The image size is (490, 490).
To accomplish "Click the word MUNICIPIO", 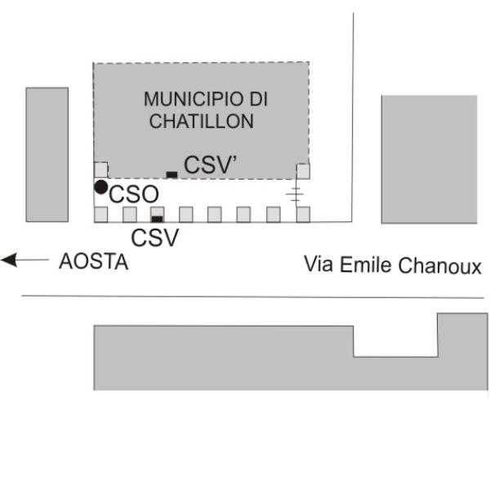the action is (193, 99).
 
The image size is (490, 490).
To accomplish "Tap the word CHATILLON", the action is (202, 121).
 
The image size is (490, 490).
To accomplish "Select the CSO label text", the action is (134, 194).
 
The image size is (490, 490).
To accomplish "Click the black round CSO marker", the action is (101, 187).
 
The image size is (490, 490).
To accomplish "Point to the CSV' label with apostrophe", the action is (211, 165).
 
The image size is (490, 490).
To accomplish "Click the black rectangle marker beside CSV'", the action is (171, 175).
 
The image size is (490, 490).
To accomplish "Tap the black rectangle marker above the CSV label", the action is (157, 219).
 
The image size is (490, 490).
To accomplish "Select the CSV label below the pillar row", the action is (155, 238).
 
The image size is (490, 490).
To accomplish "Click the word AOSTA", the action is (94, 261).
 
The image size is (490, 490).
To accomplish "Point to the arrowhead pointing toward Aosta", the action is (8, 260).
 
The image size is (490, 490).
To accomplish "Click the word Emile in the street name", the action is (366, 265).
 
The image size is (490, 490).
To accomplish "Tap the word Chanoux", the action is (440, 265).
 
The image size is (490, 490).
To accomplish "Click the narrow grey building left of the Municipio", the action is (47, 154).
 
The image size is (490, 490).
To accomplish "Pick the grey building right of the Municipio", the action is (430, 159).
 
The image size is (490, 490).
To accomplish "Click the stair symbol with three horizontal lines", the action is (295, 194).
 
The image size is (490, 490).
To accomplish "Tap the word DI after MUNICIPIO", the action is (258, 99).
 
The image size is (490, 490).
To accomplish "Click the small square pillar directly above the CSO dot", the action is (101, 170).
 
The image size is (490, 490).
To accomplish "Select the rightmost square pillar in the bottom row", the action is (303, 214).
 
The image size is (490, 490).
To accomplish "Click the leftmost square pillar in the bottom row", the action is (101, 214).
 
